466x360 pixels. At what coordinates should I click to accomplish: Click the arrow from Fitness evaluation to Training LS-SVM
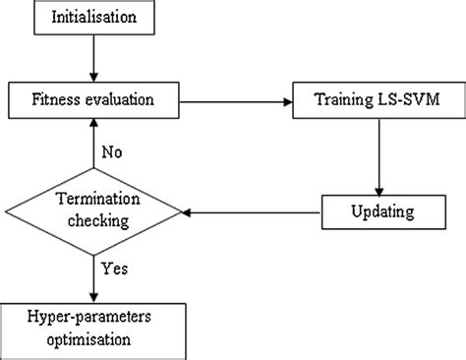(236, 99)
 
